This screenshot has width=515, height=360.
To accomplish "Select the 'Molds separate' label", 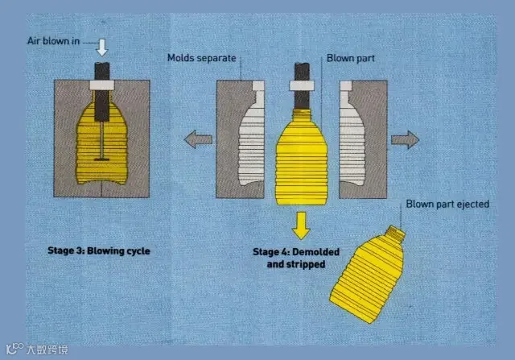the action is point(201,58).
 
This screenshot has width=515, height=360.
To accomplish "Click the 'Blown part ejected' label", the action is point(447,204).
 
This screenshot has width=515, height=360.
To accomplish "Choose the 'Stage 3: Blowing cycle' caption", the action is point(99,250).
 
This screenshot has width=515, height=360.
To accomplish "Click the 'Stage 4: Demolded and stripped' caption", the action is point(295,257).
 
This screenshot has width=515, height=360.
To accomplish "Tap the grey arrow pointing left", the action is point(198,140).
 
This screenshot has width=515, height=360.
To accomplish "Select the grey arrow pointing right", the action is point(406,140).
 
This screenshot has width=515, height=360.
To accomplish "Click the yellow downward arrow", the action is point(301,225).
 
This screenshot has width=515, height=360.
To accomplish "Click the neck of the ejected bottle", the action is point(394,233).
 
